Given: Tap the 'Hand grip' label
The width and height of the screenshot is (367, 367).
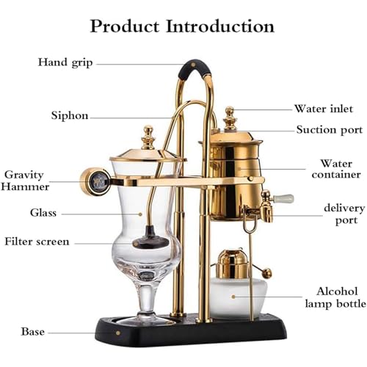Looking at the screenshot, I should [65, 62].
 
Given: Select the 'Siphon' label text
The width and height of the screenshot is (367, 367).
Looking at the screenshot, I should [70, 115].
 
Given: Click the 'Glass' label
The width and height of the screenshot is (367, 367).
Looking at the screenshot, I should [43, 212].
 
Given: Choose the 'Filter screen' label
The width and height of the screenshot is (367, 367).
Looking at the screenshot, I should [37, 241].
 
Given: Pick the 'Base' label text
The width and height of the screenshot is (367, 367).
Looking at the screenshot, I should [33, 332].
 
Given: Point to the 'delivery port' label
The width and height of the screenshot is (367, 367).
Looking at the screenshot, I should [344, 214].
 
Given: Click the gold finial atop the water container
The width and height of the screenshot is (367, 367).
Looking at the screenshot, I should [230, 117].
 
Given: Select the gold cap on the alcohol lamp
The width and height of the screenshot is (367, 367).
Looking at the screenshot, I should [233, 262].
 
